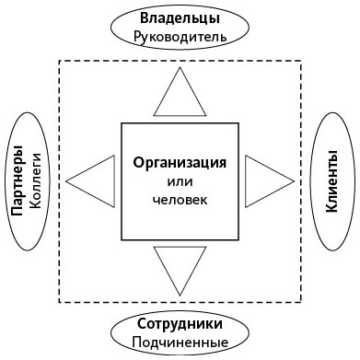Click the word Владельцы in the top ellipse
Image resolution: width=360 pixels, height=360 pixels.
pos(180,19)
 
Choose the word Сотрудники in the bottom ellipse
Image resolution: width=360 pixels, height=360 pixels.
pos(180,325)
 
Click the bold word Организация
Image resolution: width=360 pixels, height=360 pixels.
pos(180,162)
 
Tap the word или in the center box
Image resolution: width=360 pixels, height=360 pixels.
pos(180,181)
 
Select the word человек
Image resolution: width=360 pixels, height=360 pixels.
pos(180,199)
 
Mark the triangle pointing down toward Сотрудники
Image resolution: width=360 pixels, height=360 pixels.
pos(180,266)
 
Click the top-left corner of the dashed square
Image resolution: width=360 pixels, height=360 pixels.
pos(59,60)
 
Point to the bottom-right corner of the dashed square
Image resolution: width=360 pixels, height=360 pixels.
pos(301,303)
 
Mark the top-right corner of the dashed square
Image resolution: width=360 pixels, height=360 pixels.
pos(301,60)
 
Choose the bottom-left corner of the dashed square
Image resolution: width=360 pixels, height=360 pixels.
pos(59,303)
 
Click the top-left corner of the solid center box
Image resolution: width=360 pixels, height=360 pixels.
pos(122,123)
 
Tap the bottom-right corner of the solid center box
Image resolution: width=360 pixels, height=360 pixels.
pos(237,237)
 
